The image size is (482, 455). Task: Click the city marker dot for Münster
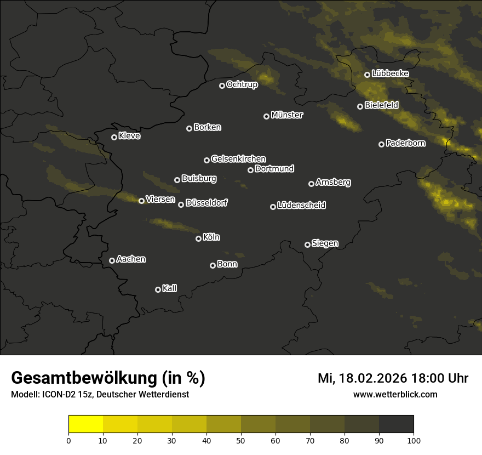pyautogui.click(x=266, y=116)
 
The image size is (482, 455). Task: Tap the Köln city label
pyautogui.click(x=211, y=237)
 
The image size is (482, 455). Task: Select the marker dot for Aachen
pyautogui.click(x=112, y=260)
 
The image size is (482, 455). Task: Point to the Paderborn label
pyautogui.click(x=405, y=143)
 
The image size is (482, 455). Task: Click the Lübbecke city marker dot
pyautogui.click(x=367, y=75)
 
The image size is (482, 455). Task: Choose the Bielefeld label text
pyautogui.click(x=381, y=105)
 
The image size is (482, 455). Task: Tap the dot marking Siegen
pyautogui.click(x=307, y=244)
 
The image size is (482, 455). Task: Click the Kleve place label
pyautogui.click(x=129, y=136)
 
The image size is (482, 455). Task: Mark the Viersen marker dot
pyautogui.click(x=141, y=201)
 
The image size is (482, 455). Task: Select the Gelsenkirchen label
pyautogui.click(x=238, y=159)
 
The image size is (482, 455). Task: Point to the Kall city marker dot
pyautogui.click(x=158, y=289)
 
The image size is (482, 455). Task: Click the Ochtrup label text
pyautogui.click(x=242, y=84)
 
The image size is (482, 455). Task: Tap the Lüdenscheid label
pyautogui.click(x=301, y=206)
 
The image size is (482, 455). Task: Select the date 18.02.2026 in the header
pyautogui.click(x=372, y=378)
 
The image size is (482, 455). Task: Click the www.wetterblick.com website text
pyautogui.click(x=395, y=394)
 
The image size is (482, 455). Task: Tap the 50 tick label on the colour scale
pyautogui.click(x=241, y=440)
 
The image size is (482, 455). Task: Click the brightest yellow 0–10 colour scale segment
pyautogui.click(x=86, y=424)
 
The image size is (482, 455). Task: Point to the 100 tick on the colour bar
pyautogui.click(x=414, y=440)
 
